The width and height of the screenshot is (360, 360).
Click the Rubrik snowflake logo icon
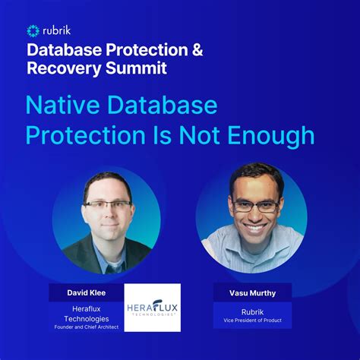tap(33, 31)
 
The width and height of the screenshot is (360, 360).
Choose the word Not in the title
tap(196, 135)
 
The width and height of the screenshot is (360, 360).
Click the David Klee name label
tap(86, 292)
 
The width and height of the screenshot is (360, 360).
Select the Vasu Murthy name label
tap(253, 292)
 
